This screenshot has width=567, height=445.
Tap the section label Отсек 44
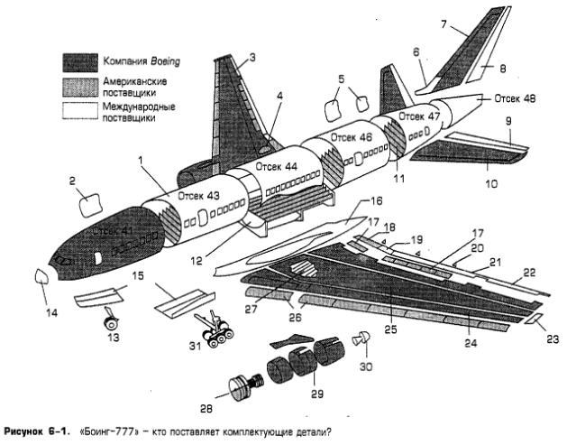click(275, 168)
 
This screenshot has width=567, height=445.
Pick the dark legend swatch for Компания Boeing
click(79, 61)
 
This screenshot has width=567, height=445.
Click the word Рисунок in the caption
click(28, 432)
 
